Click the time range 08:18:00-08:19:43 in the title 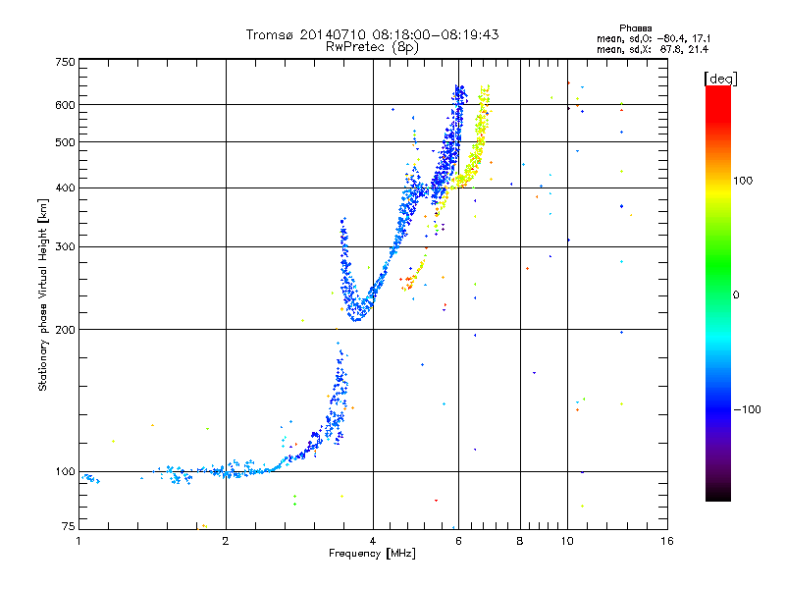click(436, 34)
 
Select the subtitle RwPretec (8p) click(372, 47)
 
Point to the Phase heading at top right click(635, 28)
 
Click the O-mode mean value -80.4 click(669, 38)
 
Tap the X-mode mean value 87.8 click(671, 50)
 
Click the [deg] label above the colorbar click(720, 80)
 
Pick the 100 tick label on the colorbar click(743, 181)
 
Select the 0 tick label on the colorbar click(735, 294)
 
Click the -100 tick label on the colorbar click(747, 409)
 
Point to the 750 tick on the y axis click(66, 62)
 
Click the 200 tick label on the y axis click(66, 330)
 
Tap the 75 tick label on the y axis click(69, 526)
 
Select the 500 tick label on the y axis click(66, 142)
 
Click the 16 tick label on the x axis click(667, 541)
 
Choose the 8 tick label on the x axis click(520, 541)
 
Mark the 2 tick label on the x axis click(226, 541)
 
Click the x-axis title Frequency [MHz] click(372, 554)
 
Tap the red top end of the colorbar click(718, 88)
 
